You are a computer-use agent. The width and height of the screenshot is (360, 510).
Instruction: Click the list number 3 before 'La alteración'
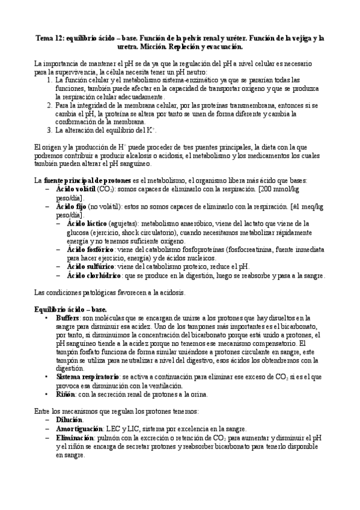click(49, 129)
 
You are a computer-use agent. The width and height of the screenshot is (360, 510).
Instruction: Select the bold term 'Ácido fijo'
click(70, 206)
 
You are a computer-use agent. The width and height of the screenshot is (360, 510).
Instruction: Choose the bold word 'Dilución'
click(70, 419)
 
